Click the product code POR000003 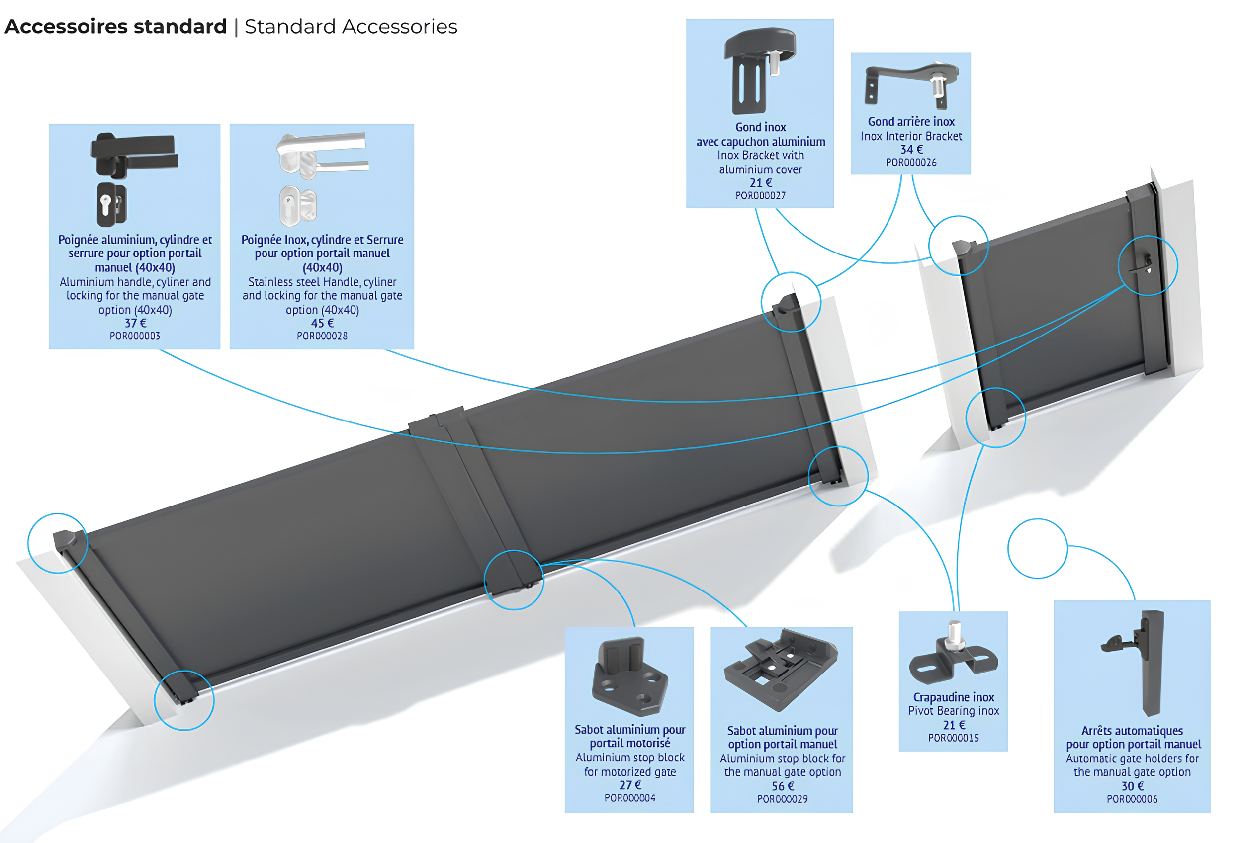(135, 336)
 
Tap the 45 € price (322, 323)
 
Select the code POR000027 (760, 196)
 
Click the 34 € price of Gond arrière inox (911, 150)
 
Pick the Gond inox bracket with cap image (758, 70)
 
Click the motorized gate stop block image (629, 676)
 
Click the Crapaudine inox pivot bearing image (953, 655)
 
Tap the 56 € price (782, 786)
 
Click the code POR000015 (953, 738)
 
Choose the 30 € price (1132, 786)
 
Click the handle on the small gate (1145, 264)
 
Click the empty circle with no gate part (1037, 548)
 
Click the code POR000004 (629, 798)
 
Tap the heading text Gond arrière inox (911, 122)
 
